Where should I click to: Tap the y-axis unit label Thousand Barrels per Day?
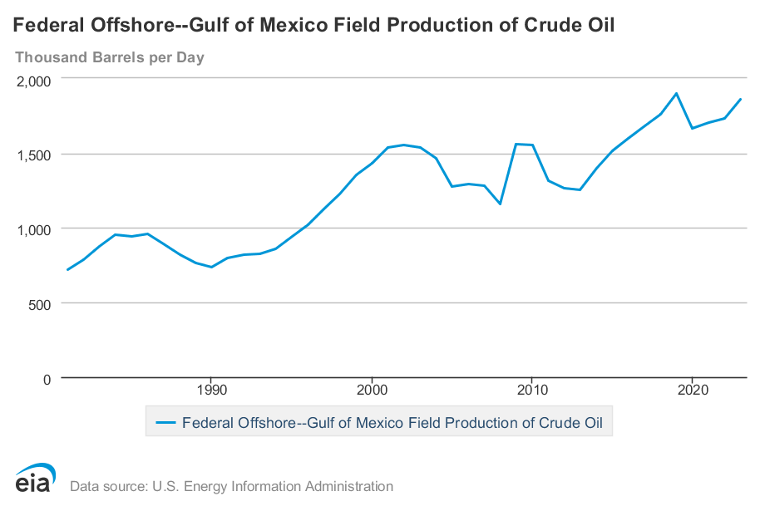[x=109, y=57]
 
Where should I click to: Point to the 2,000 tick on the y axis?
[x=34, y=80]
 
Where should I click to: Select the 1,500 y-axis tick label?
[x=34, y=155]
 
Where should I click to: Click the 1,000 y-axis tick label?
[x=34, y=228]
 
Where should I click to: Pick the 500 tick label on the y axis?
[x=40, y=303]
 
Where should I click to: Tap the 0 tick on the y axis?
[x=47, y=378]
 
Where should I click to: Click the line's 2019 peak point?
[x=677, y=93]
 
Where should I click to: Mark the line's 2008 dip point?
[x=500, y=204]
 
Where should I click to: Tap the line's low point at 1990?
[x=211, y=267]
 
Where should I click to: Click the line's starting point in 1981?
[x=67, y=270]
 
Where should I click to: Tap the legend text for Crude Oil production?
[x=397, y=422]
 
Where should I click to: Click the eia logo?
[x=35, y=478]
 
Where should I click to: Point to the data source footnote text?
[x=231, y=486]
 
